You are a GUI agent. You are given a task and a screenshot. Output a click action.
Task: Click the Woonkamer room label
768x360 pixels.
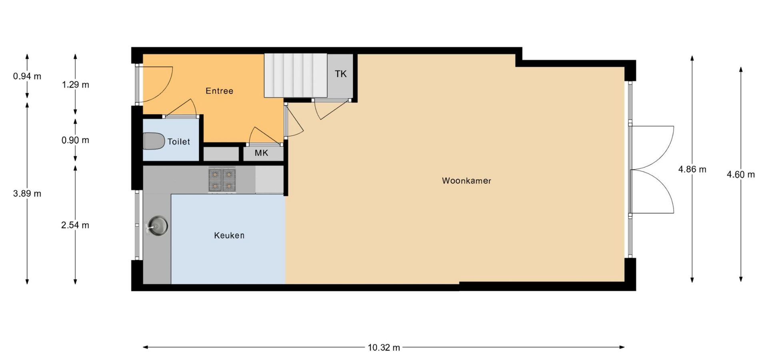pyautogui.click(x=466, y=181)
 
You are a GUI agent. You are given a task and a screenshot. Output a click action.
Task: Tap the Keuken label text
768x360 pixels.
pyautogui.click(x=229, y=236)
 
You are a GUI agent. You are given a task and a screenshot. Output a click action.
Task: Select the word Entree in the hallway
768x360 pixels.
pyautogui.click(x=219, y=91)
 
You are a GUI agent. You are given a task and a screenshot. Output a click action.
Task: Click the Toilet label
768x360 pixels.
pyautogui.click(x=179, y=142)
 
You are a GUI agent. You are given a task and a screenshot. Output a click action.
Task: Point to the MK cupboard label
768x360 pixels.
pyautogui.click(x=262, y=153)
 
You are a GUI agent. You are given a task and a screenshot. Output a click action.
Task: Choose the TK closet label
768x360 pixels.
pyautogui.click(x=341, y=74)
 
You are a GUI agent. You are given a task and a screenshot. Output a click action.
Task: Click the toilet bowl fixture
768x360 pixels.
pyautogui.click(x=154, y=141)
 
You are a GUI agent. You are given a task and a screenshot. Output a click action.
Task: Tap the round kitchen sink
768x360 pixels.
pyautogui.click(x=158, y=225)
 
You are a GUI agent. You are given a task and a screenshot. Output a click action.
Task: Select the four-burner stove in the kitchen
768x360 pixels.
pyautogui.click(x=222, y=180)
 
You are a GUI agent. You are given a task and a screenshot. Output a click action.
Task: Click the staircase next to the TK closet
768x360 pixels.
pyautogui.click(x=296, y=76)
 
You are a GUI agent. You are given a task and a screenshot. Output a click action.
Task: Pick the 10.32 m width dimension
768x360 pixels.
pyautogui.click(x=384, y=348)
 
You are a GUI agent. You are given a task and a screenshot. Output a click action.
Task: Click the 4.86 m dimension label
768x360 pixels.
pyautogui.click(x=692, y=169)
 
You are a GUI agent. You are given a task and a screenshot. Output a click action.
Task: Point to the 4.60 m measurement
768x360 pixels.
pyautogui.click(x=741, y=174)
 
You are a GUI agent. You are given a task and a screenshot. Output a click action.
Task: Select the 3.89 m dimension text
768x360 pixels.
pyautogui.click(x=27, y=194)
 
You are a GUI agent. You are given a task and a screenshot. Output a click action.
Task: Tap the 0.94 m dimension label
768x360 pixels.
pyautogui.click(x=27, y=76)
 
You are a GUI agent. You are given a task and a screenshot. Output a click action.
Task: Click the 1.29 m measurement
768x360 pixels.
pyautogui.click(x=75, y=84)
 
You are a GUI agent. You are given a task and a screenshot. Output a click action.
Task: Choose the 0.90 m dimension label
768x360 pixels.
pyautogui.click(x=75, y=140)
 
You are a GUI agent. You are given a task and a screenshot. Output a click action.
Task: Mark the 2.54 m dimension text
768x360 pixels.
pyautogui.click(x=75, y=225)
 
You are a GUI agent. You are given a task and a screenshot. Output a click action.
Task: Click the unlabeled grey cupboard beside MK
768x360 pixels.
pyautogui.click(x=221, y=154)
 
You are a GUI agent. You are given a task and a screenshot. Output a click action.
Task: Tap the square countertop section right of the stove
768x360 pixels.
pyautogui.click(x=269, y=180)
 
